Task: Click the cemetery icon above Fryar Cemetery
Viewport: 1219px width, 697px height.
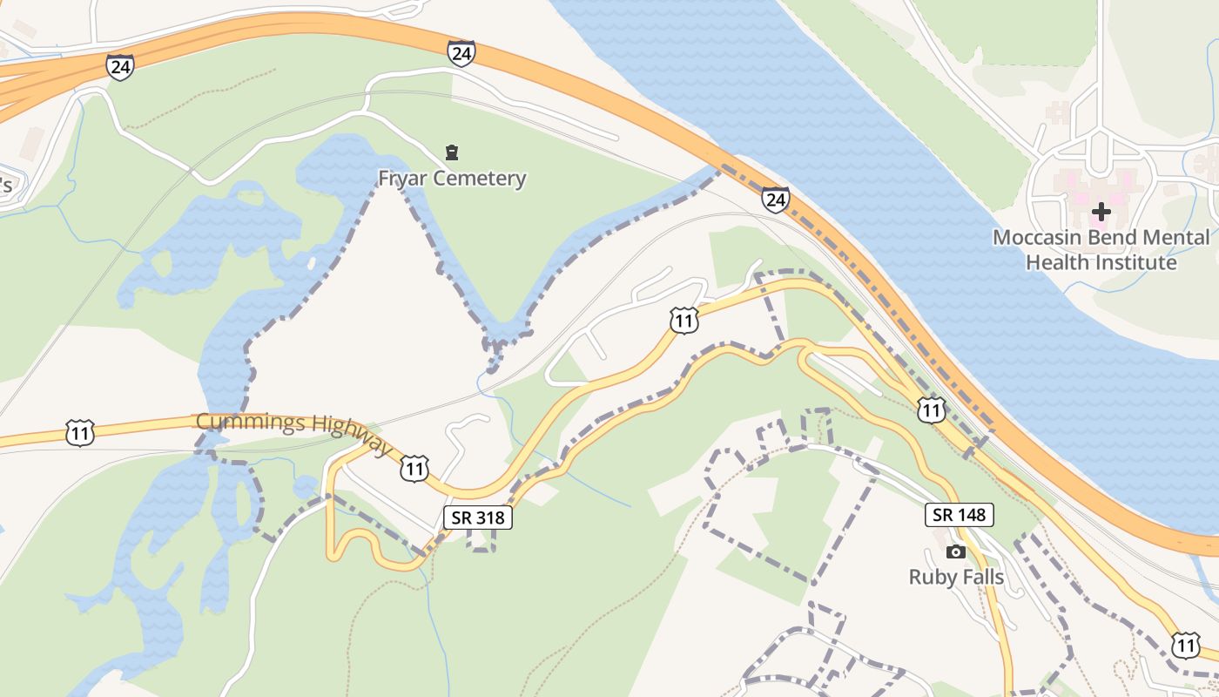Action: point(451,153)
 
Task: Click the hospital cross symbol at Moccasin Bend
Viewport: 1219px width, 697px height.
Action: point(1101,211)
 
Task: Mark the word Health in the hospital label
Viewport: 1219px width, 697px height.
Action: point(1058,261)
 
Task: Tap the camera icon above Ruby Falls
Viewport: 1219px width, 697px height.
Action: point(956,552)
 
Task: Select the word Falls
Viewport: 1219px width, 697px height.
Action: point(980,577)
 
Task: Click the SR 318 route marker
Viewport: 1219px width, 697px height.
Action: point(478,517)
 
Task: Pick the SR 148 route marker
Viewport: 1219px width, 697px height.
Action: point(959,515)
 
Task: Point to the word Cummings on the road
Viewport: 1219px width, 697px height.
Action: point(250,423)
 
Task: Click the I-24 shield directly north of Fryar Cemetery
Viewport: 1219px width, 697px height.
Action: point(461,53)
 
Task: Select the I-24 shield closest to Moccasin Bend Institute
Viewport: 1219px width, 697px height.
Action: point(775,200)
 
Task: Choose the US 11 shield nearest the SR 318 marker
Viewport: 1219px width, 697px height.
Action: point(414,469)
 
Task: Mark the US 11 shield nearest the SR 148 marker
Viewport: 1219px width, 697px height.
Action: point(932,409)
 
